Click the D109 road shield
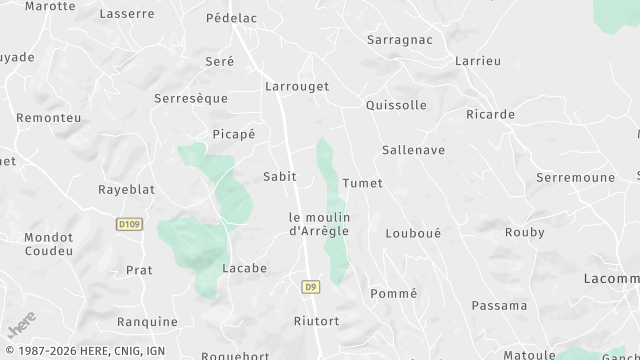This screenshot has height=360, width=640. pos(126,224)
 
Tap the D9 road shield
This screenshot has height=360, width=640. pos(310,286)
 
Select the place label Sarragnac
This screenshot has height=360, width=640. pos(400,40)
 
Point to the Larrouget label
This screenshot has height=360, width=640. pos(297,87)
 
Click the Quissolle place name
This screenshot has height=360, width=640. pos(397,105)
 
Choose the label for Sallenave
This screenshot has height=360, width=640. pos(413,150)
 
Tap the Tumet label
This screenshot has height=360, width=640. pos(362,183)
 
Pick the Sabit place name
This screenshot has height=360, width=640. pos(279,176)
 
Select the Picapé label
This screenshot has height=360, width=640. pos(234,134)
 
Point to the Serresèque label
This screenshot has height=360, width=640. pos(191,99)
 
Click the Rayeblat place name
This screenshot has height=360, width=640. pos(125,189)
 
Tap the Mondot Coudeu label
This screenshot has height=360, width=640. pos(49,244)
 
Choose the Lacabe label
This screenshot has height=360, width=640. pos(245,268)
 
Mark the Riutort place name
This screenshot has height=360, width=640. pos(317,321)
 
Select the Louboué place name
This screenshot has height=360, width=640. pos(413,233)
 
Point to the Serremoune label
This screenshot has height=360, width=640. pos(575,176)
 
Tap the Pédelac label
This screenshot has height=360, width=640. pos(232,18)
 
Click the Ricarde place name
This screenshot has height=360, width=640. pos(490,114)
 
